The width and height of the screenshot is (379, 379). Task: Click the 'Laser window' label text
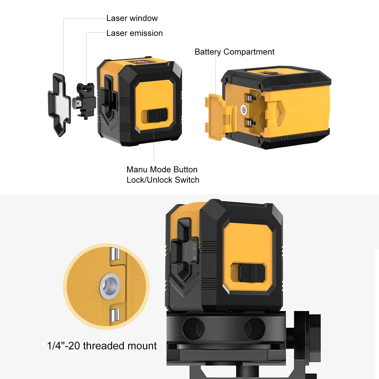coord(132,18)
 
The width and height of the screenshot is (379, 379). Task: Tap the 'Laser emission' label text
coord(134,33)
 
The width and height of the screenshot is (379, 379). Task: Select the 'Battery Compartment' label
coord(234,52)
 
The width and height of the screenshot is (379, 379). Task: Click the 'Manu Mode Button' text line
coord(162,169)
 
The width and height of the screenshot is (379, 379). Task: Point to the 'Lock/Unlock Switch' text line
coord(163,180)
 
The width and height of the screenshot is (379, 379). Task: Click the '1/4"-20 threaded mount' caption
coord(102,346)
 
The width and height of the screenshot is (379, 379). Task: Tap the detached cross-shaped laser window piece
coord(59,105)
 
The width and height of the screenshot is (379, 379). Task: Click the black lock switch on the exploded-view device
coord(158,115)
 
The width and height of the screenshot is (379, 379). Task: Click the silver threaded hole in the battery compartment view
coord(244,110)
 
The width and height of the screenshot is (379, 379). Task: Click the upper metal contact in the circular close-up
coord(114,254)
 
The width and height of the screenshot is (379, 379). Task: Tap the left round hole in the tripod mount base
coord(193,329)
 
